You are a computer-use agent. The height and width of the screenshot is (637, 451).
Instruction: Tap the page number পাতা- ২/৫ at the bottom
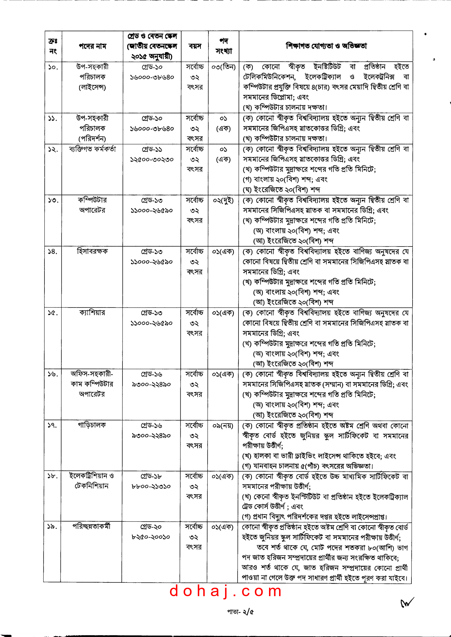[x=240, y=612]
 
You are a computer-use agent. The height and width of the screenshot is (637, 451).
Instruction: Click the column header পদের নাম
[x=92, y=46]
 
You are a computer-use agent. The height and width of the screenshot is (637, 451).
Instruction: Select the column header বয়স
[x=195, y=46]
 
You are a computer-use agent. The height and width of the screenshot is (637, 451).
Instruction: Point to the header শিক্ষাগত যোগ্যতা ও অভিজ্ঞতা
[x=326, y=46]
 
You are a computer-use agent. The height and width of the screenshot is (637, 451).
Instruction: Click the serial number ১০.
[x=53, y=67]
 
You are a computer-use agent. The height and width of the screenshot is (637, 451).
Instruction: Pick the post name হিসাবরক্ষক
[x=92, y=251]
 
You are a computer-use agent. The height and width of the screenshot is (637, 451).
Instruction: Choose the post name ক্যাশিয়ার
[x=92, y=313]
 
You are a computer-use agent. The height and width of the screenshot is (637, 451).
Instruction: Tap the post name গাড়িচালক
[x=92, y=425]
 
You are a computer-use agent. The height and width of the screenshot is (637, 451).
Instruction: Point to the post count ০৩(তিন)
[x=223, y=67]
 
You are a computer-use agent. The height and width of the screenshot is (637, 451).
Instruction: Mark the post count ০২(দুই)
[x=223, y=200]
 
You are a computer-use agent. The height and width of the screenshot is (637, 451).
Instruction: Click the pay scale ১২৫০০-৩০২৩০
[x=152, y=160]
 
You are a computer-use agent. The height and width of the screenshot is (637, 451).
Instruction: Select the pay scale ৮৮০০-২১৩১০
[x=151, y=486]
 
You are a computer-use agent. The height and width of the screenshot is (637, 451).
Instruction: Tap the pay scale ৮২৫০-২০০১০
[x=151, y=537]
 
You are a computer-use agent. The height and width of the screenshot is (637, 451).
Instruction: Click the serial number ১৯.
[x=52, y=527]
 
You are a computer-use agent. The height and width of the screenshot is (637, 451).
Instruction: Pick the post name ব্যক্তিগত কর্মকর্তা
[x=92, y=149]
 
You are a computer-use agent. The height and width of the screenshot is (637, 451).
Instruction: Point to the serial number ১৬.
[x=52, y=374]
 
